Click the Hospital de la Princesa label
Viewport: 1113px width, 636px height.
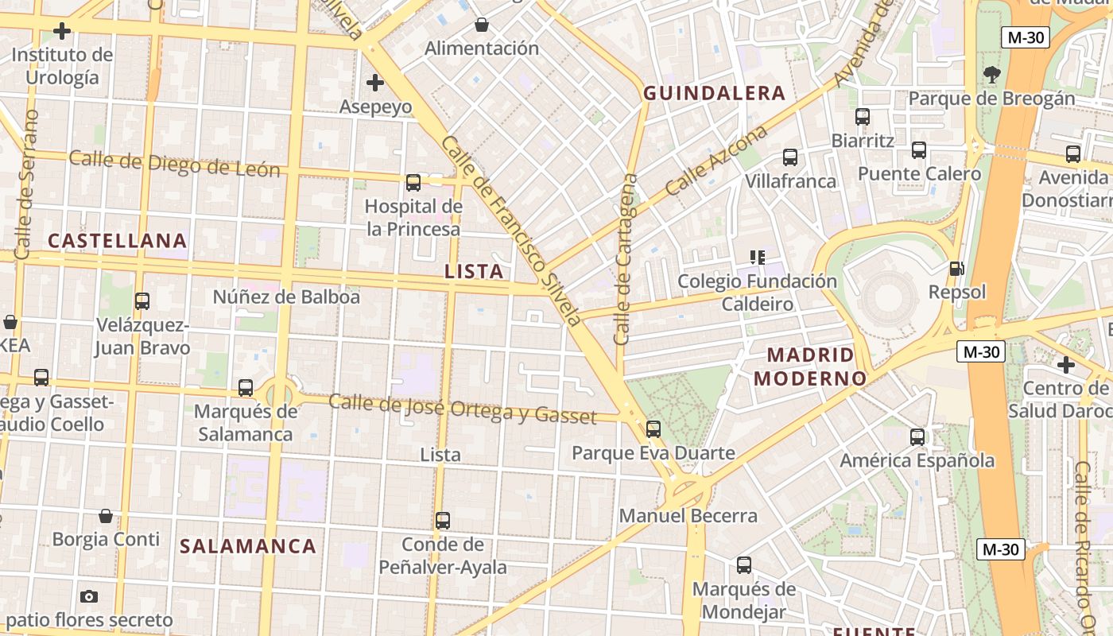click(413, 218)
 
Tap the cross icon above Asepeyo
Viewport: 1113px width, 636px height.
click(374, 82)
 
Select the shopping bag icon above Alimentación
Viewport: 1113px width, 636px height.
click(481, 25)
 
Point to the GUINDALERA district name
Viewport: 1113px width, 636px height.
click(714, 93)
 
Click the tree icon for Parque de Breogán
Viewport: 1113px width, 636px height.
click(991, 75)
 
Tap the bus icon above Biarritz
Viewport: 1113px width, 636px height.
click(863, 117)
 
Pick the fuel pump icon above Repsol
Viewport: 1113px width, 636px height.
click(957, 270)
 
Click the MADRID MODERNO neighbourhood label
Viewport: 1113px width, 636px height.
click(809, 366)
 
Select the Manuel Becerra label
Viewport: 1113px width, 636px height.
click(688, 515)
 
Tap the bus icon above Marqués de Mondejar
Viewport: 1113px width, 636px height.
click(743, 565)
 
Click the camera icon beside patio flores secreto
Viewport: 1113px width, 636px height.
click(89, 596)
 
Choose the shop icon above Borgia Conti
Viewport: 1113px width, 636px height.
click(105, 516)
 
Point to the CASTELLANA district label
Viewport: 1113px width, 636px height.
click(118, 240)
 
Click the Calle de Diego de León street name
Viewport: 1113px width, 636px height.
click(174, 163)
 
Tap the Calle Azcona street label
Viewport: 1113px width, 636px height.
click(716, 161)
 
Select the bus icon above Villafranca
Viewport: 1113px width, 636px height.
click(789, 157)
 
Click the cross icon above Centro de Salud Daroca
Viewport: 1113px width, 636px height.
click(1066, 365)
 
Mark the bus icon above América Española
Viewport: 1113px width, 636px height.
click(917, 436)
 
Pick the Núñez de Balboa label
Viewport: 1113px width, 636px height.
click(286, 297)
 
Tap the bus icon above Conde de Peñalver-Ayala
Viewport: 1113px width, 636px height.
click(443, 521)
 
